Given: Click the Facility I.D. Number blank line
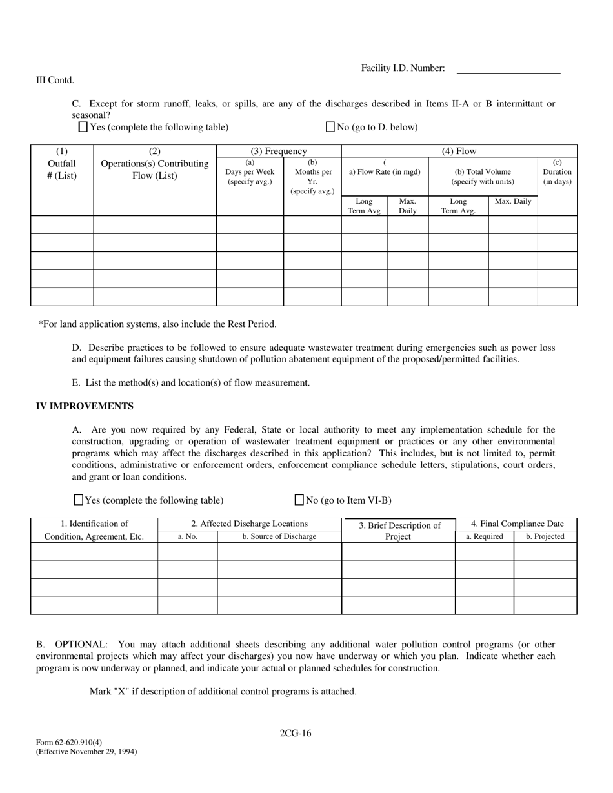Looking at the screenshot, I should point(508,69).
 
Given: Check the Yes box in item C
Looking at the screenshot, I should point(83,127).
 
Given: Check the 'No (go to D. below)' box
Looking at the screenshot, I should point(330,127).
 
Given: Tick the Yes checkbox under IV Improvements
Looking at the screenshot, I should point(79,500).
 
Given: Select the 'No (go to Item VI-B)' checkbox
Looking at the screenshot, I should point(299,500).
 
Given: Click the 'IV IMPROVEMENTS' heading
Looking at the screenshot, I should point(85,406).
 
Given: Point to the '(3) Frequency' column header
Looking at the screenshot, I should point(279,152).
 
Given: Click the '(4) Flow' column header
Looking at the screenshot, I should point(459,152).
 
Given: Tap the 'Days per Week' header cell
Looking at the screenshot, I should point(250,172).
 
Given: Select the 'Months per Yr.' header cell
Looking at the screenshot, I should point(312,177).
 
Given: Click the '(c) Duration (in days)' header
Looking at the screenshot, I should point(557,172).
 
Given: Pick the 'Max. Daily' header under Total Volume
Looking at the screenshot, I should point(513,201).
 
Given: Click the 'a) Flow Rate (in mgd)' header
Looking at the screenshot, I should point(385,172).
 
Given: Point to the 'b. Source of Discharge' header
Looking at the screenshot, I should point(279,536).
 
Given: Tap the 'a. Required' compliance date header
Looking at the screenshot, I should point(485,536).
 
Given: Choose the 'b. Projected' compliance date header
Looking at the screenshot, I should point(545,536).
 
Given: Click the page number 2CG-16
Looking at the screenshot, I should point(296,733).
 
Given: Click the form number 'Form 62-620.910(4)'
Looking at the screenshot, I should point(69,742).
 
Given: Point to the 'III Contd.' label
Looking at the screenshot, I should point(55,81).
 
